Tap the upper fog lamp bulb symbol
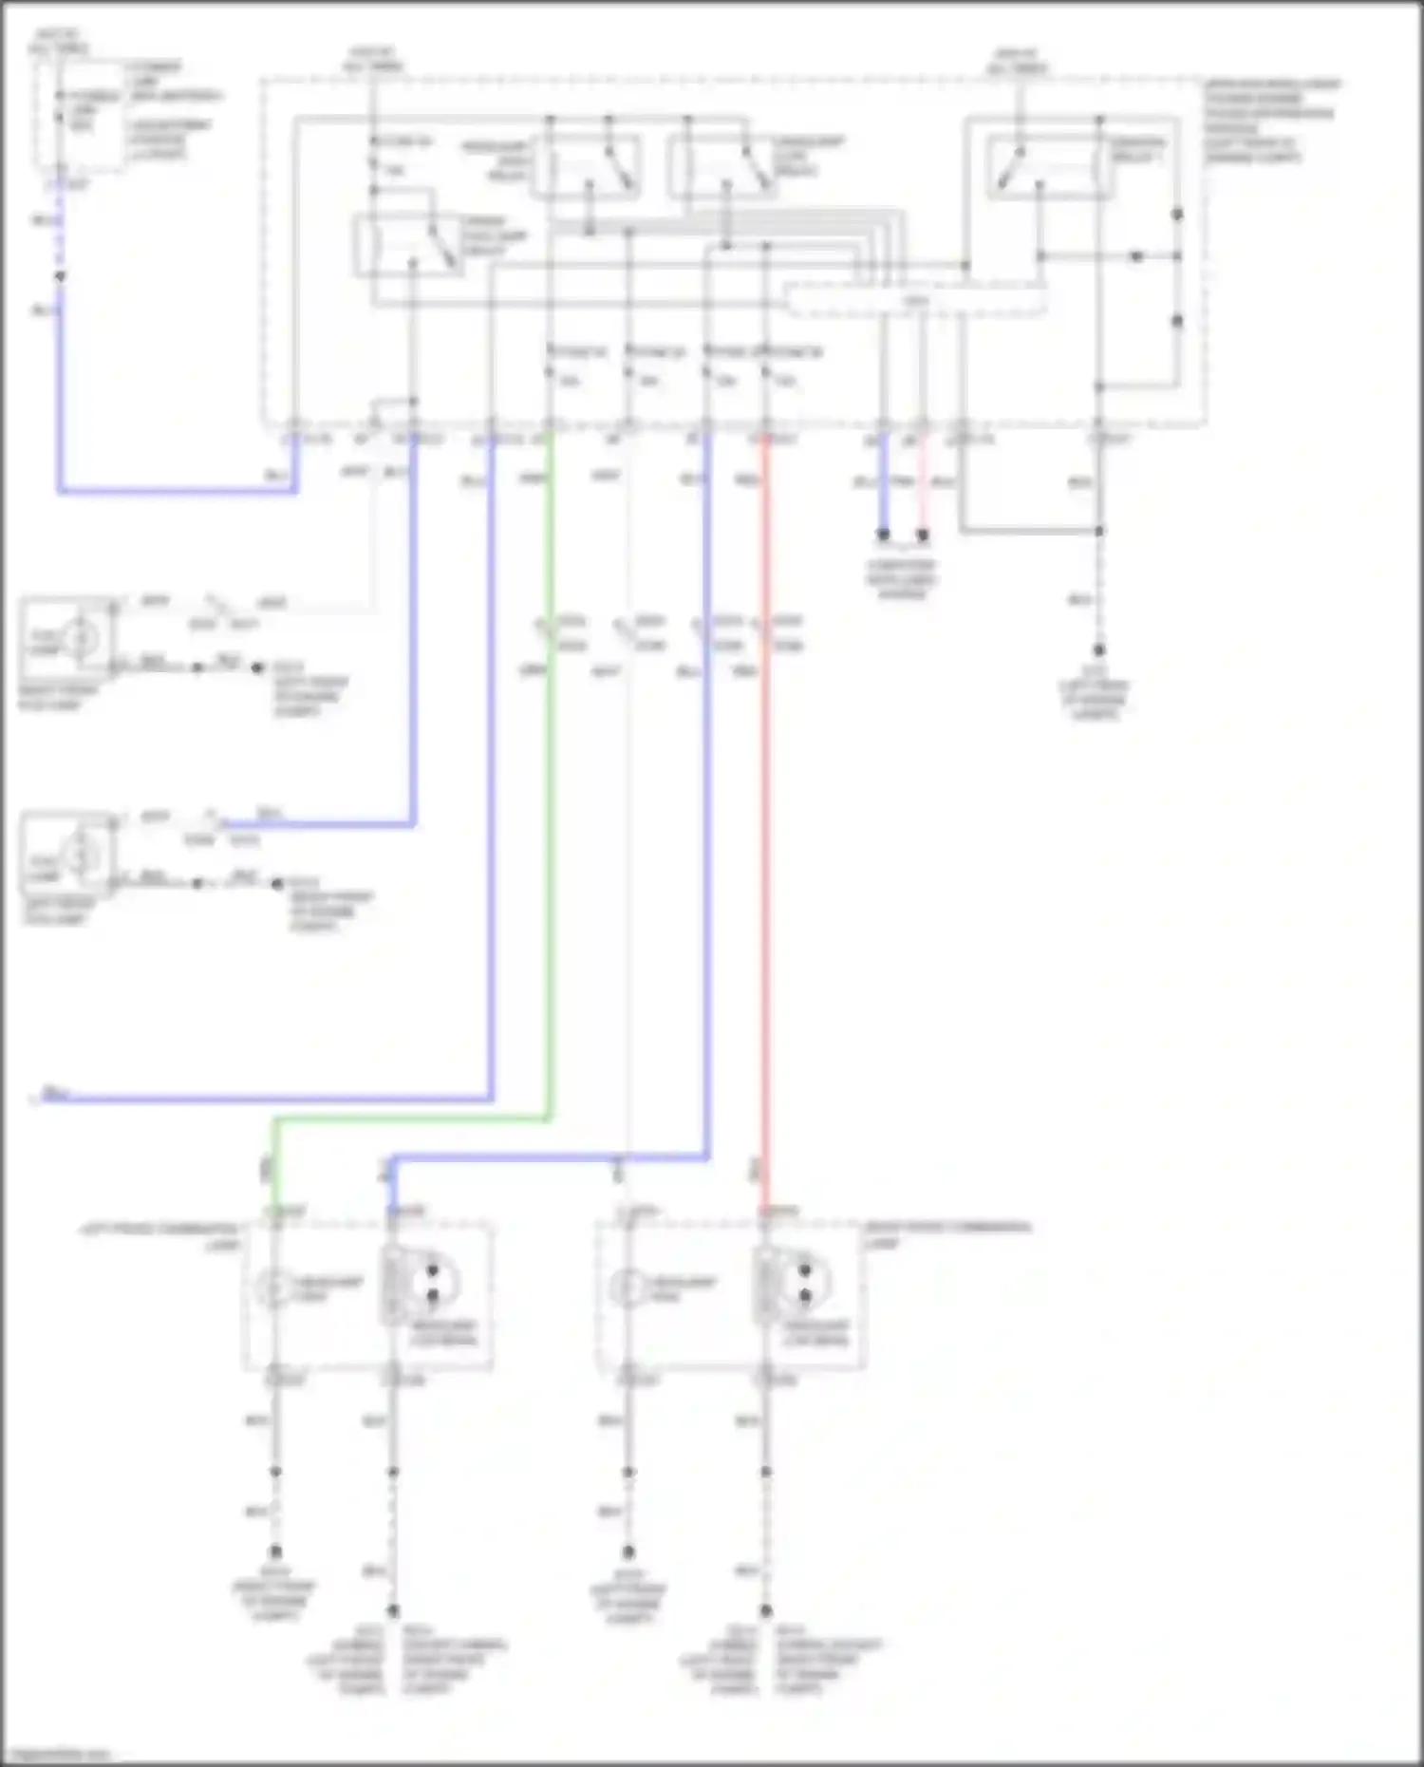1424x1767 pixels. (81, 639)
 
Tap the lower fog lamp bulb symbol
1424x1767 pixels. (81, 855)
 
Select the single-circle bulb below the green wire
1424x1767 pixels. (274, 1288)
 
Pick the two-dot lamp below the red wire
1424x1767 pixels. (805, 1284)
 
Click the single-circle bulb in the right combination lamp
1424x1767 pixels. (627, 1288)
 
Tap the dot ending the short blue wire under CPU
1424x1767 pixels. (883, 535)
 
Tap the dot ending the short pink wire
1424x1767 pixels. (922, 535)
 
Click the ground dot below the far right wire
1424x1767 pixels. (1098, 650)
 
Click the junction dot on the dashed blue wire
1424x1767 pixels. (60, 277)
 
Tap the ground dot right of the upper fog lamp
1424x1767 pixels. (257, 667)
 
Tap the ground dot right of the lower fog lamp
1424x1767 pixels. (277, 884)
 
